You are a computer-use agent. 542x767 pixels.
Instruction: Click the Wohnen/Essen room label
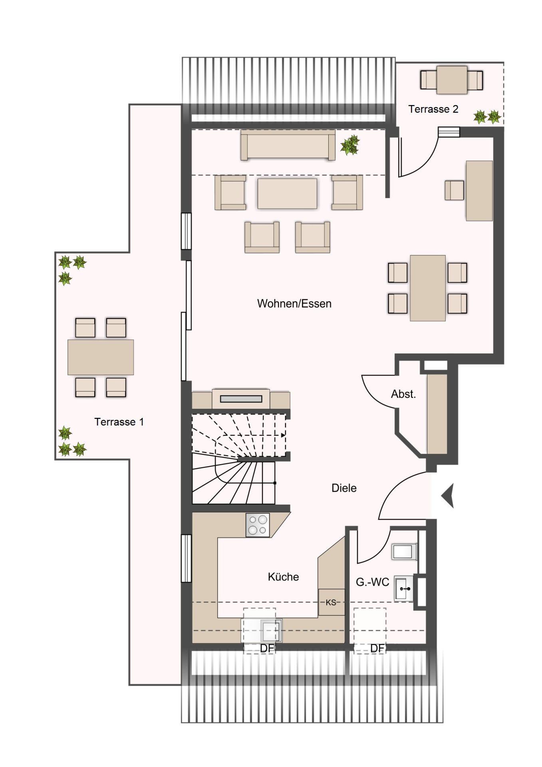(294, 304)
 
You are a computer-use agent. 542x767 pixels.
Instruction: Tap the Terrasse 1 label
(119, 422)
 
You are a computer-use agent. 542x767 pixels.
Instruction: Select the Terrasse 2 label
(433, 109)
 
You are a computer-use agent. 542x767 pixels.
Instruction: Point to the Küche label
(283, 577)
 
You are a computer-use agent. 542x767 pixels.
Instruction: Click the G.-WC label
(372, 582)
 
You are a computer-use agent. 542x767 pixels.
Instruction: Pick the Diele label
(344, 488)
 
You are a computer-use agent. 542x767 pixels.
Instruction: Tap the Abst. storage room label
(403, 394)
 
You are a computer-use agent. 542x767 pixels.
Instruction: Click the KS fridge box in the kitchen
(331, 602)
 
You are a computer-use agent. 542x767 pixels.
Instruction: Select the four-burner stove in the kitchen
(258, 525)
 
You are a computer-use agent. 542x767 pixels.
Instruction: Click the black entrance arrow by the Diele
(448, 496)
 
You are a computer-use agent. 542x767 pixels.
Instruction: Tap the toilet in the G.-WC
(404, 552)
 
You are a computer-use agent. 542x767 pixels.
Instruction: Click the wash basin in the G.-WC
(404, 588)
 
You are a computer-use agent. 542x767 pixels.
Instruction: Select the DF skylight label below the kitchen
(267, 648)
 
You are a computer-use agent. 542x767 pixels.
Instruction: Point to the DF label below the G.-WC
(377, 648)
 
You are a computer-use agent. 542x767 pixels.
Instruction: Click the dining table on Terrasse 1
(101, 357)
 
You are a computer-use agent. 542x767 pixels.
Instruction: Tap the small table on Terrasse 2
(452, 80)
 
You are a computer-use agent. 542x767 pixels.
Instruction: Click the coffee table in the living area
(287, 193)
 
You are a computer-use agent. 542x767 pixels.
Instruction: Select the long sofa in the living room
(288, 145)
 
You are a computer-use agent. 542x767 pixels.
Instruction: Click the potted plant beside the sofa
(350, 145)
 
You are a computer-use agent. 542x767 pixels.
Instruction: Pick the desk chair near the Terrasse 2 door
(455, 190)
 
